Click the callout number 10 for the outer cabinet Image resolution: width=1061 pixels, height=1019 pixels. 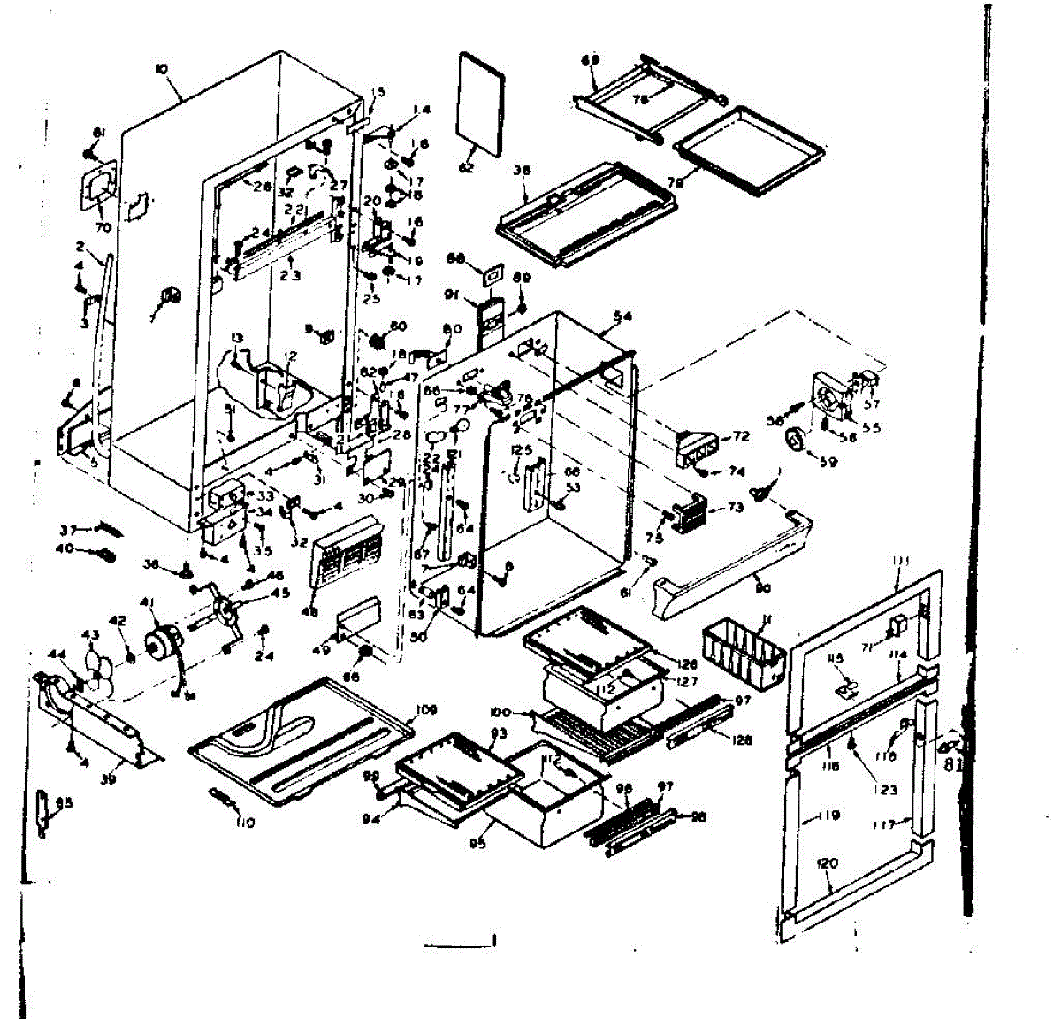161,69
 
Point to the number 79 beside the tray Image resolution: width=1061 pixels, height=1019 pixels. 676,182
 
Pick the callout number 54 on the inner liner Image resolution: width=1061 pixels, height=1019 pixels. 622,317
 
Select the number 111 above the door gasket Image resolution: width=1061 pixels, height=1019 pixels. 901,561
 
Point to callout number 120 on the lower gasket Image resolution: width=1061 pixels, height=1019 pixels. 828,863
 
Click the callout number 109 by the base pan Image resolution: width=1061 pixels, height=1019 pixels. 426,709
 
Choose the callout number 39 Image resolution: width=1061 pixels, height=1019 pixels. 108,780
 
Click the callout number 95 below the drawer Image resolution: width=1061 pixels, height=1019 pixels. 478,843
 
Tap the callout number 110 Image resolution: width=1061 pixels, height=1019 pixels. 245,823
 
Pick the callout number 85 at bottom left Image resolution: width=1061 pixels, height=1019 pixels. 64,803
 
